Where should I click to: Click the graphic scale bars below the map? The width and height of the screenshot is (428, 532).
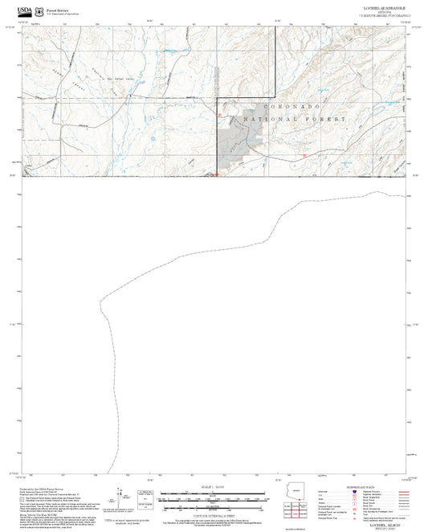(213, 499)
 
